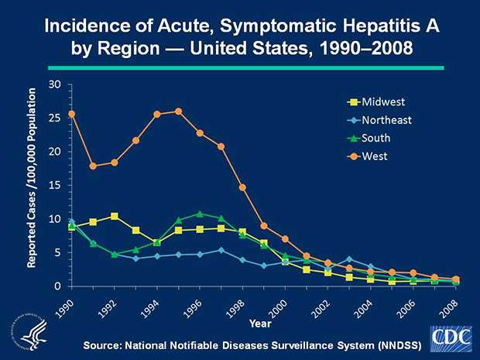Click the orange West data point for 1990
[x=72, y=114]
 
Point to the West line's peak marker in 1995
[x=179, y=111]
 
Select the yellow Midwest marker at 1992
[x=115, y=216]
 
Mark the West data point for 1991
[x=94, y=166]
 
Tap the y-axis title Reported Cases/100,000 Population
[x=33, y=179]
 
